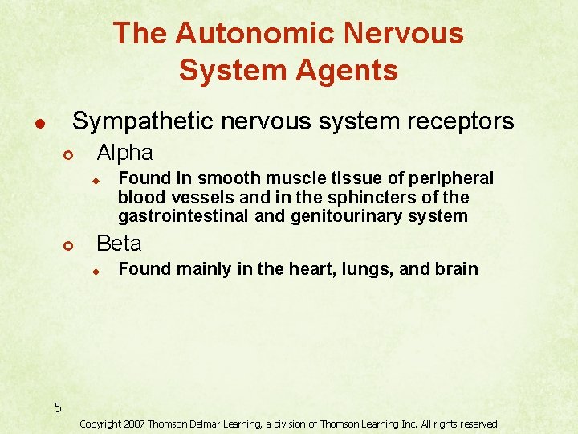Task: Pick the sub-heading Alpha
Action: pyautogui.click(x=124, y=152)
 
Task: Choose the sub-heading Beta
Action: pyautogui.click(x=119, y=243)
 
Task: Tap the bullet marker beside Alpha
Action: pyautogui.click(x=69, y=154)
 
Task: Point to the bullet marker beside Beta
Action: pyautogui.click(x=69, y=245)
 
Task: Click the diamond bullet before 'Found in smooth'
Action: pyautogui.click(x=94, y=180)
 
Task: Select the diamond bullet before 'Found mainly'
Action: pyautogui.click(x=94, y=272)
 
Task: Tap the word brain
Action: pyautogui.click(x=456, y=269)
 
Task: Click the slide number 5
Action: pyautogui.click(x=58, y=407)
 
